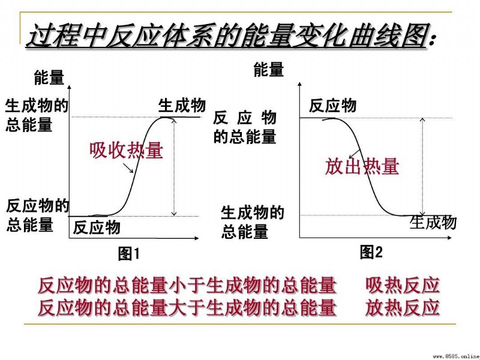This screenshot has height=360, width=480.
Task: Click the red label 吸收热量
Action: point(127,151)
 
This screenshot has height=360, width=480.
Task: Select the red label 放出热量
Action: point(362,166)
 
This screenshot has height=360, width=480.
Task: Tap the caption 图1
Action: point(129,253)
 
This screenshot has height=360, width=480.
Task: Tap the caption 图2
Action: point(371,252)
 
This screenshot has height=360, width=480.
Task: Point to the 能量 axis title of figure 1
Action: point(49,77)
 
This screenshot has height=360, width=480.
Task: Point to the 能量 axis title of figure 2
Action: point(269,69)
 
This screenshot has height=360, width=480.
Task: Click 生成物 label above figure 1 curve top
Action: point(182,106)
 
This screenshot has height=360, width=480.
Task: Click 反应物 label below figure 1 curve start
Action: point(97,227)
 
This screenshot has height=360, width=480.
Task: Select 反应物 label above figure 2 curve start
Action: point(332,106)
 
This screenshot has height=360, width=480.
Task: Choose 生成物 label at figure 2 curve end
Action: point(433,222)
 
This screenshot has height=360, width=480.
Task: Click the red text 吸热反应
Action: point(403,286)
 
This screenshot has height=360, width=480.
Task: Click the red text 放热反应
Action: point(403,308)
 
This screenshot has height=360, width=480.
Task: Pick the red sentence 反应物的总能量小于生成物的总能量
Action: point(187,286)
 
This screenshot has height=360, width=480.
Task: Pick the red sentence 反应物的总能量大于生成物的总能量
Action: point(187,308)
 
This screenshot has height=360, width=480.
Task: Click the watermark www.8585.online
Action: point(457,356)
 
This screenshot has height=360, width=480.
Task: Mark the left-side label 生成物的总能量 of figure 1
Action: point(37,115)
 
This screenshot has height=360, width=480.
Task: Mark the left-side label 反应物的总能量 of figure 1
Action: point(38,215)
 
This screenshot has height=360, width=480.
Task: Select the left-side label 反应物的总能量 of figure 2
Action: point(245,127)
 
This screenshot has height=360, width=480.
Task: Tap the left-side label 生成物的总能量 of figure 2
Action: point(253,222)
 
